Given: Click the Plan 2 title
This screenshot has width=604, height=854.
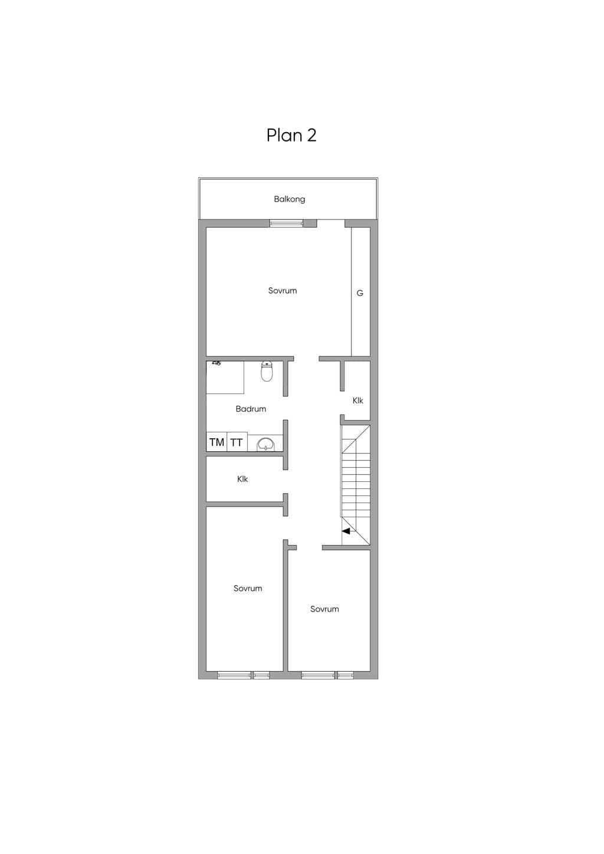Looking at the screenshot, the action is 291,135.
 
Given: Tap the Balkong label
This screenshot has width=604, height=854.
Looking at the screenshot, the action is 290,199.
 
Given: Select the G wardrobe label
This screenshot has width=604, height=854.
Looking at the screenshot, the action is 360,293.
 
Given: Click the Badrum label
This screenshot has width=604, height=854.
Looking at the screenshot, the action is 251,409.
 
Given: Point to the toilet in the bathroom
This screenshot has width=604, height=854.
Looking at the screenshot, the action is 267,371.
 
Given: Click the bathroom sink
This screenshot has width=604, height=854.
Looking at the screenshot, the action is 265,444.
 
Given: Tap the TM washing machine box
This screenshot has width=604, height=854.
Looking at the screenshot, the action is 216,442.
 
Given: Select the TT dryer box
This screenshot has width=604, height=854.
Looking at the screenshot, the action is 237,442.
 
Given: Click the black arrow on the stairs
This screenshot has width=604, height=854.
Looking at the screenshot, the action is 346,531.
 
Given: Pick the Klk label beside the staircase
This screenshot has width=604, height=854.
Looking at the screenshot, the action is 357,400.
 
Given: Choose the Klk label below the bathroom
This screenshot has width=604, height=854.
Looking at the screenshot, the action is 242,479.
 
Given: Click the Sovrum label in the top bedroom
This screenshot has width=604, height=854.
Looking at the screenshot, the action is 282,291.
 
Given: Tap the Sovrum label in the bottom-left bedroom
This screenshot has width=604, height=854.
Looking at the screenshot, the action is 248,588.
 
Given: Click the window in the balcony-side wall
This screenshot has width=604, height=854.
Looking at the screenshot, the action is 286,224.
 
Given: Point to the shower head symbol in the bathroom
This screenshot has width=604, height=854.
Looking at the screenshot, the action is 216,363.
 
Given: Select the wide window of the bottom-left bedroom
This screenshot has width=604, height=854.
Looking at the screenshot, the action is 234,675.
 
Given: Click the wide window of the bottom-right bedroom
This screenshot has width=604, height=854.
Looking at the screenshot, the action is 318,675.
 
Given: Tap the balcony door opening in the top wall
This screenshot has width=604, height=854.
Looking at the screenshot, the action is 330,224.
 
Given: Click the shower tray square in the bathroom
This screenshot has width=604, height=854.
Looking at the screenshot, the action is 225,377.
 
